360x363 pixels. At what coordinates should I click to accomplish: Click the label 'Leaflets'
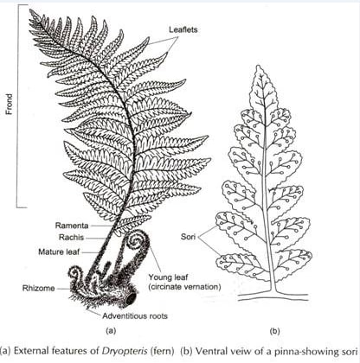(x=183, y=29)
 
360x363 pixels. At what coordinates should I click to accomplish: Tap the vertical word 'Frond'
(x=10, y=104)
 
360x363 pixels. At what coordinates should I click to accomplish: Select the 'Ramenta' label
(x=72, y=226)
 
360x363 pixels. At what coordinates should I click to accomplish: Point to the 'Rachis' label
(x=72, y=238)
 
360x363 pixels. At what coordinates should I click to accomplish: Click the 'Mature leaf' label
(x=59, y=252)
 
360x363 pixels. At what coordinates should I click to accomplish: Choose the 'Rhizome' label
(x=39, y=288)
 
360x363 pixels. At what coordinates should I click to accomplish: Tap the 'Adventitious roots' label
(x=135, y=316)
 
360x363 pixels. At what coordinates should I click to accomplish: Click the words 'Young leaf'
(x=168, y=277)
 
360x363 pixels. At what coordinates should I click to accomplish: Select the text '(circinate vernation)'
(x=184, y=287)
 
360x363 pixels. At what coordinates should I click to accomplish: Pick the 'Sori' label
(x=188, y=237)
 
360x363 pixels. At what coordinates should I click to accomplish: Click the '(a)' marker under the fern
(x=111, y=331)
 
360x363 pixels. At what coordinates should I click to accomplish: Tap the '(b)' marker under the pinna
(x=274, y=331)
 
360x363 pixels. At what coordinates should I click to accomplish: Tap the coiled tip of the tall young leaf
(x=135, y=239)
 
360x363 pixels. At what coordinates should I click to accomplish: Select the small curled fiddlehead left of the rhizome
(x=75, y=274)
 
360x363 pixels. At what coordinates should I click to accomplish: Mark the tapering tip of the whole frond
(x=31, y=11)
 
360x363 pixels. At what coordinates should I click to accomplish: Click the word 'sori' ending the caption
(x=349, y=351)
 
